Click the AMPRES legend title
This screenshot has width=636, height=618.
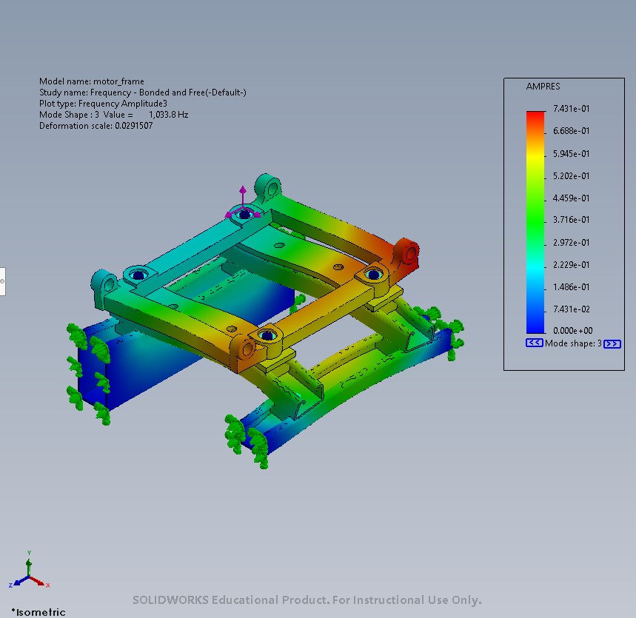tap(543, 87)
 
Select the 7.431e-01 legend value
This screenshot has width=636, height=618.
tap(571, 109)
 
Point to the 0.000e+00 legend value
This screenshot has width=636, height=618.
tap(573, 331)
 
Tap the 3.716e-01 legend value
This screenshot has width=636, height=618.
tap(571, 220)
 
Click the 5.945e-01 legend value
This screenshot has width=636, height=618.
tap(571, 154)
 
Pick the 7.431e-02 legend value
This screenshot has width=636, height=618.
tap(571, 309)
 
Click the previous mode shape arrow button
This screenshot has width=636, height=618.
tap(534, 343)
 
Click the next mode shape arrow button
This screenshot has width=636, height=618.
tap(612, 344)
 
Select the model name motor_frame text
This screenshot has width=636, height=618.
tap(92, 81)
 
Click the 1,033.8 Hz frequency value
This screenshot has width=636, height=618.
tap(168, 115)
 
